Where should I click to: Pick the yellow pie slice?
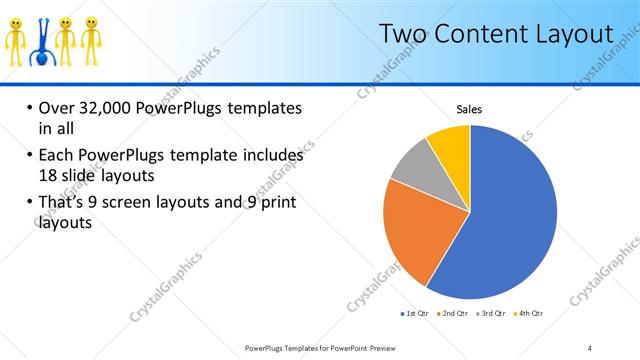coord(451,146)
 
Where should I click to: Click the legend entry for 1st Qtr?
coord(413,313)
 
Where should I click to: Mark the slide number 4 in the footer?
coord(589,347)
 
